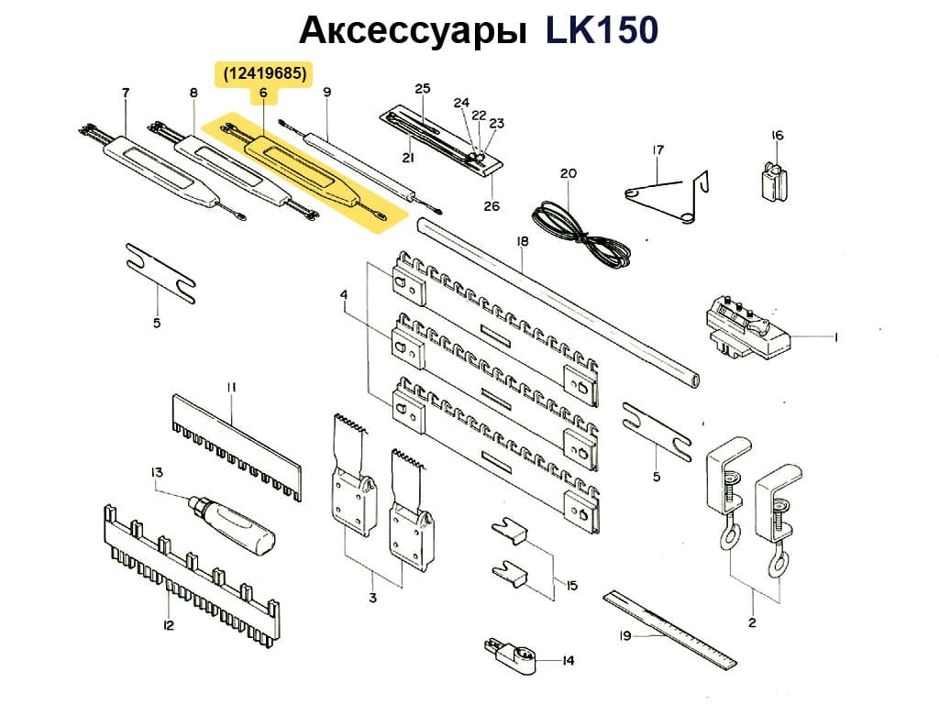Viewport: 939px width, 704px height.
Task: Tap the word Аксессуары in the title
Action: coord(414,30)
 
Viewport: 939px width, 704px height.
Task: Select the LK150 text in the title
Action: coord(602,30)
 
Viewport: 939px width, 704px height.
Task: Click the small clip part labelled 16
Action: coord(775,179)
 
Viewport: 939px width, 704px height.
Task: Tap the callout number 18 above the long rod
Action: coord(523,241)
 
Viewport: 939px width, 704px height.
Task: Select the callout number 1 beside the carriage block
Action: coord(836,337)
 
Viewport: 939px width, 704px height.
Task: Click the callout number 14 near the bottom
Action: coord(567,659)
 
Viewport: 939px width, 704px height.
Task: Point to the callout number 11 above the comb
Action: coord(232,388)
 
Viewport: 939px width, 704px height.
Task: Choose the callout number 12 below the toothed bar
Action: coord(168,626)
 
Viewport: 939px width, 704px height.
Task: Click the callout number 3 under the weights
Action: coord(372,599)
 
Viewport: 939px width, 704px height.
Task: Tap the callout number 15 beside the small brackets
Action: coord(571,586)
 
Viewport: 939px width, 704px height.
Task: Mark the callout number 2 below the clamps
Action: coord(752,623)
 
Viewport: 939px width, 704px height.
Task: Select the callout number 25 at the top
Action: coord(422,89)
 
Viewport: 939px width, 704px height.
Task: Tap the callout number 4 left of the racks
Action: coord(344,295)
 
